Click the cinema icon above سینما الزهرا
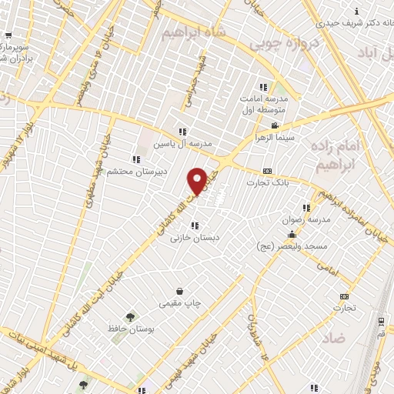(274, 125)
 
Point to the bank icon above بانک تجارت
(267, 171)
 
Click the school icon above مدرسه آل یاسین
(182, 132)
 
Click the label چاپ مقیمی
(179, 304)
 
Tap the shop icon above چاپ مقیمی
(179, 292)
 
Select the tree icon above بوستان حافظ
(129, 316)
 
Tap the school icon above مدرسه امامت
(263, 87)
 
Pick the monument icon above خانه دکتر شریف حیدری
(356, 12)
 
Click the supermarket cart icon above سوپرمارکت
(8, 36)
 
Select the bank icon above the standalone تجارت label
(344, 296)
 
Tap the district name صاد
(333, 338)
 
